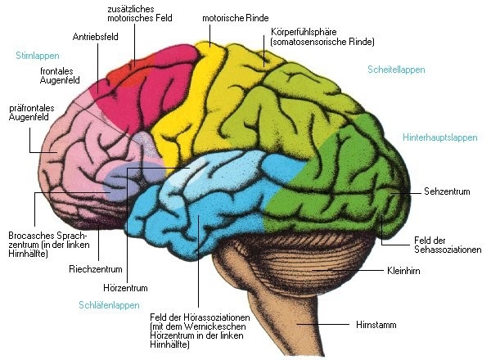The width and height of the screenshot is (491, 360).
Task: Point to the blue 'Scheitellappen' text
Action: tap(397, 70)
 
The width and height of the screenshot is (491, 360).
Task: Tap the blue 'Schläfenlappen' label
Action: tap(109, 304)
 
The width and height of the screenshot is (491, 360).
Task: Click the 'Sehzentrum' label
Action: tap(446, 191)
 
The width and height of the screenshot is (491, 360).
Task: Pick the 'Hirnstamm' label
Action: tap(377, 325)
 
